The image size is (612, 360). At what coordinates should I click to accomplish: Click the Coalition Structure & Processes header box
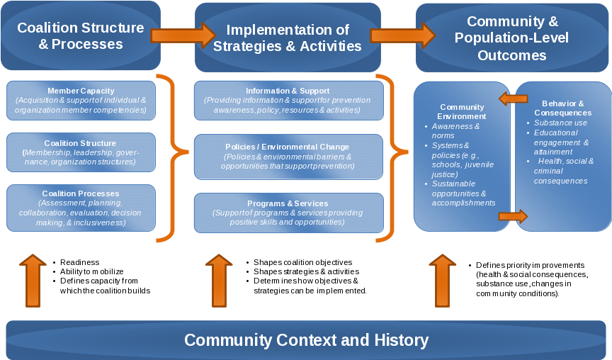point(80,36)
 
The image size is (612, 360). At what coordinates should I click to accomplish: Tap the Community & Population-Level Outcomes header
point(513,38)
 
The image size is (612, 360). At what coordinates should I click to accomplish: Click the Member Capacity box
point(80,101)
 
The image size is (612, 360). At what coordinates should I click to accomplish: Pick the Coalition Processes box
point(80,208)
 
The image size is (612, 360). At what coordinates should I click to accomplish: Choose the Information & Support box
point(288,101)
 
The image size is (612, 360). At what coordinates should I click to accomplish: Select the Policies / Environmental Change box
point(288,156)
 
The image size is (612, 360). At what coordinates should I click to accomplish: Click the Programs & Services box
point(288,213)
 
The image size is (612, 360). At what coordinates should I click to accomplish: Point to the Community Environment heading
point(462,112)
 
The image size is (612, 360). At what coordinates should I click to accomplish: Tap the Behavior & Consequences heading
point(563,108)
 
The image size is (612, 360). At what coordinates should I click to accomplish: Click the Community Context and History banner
point(306,340)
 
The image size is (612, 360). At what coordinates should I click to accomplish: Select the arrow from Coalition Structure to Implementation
point(183,35)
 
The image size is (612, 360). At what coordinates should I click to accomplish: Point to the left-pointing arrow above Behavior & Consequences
point(514,99)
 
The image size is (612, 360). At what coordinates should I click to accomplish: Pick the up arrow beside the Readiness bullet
point(33,281)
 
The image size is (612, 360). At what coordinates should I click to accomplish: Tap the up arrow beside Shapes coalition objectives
point(219,281)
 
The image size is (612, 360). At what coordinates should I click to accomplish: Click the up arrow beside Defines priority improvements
point(443,281)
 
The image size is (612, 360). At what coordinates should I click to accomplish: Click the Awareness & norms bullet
point(455,130)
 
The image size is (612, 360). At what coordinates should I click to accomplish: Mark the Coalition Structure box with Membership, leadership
point(80,152)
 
